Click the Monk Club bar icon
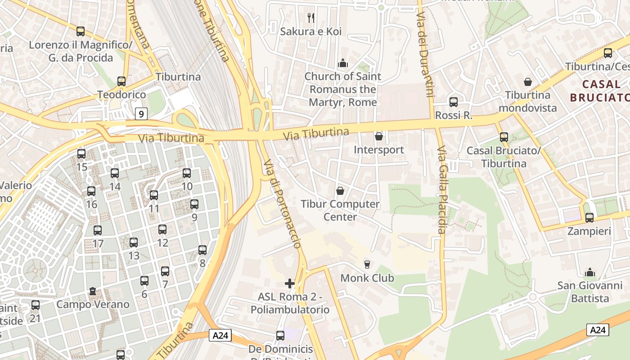367,264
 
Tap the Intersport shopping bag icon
379,136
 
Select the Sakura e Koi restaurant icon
310,18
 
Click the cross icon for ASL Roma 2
290,283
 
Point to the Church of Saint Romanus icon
343,63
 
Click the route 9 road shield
141,114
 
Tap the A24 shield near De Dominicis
220,335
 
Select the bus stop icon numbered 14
115,173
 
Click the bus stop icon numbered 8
202,250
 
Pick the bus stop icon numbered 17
98,230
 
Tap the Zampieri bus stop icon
589,218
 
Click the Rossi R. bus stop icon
454,102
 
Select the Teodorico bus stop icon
121,81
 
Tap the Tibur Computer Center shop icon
340,191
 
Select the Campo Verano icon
93,291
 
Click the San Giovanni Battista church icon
589,272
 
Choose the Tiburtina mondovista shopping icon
527,82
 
